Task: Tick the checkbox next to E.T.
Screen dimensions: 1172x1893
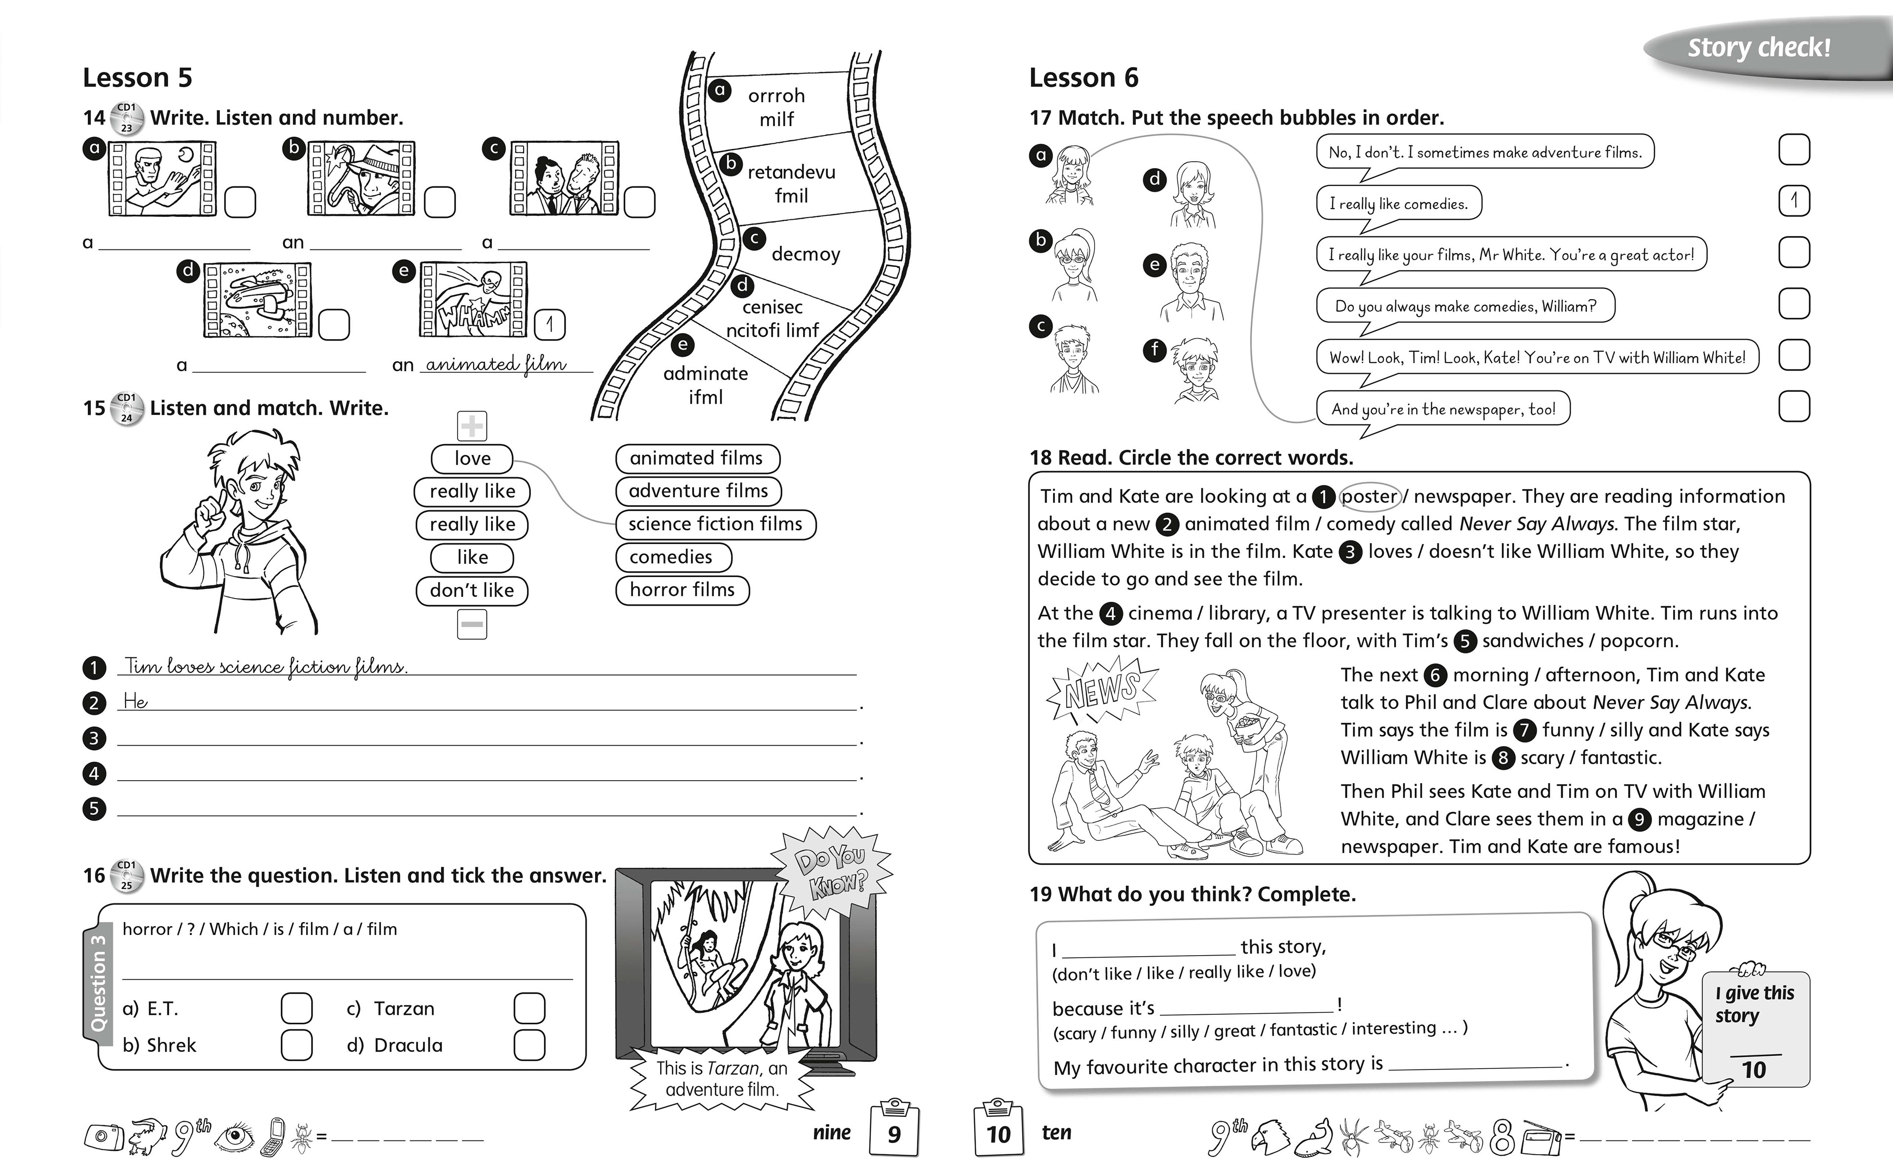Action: tap(296, 1008)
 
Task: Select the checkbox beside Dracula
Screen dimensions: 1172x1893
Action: tap(529, 1045)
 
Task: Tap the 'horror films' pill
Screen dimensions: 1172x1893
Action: tap(682, 590)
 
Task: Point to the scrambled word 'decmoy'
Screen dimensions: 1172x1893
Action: tap(806, 254)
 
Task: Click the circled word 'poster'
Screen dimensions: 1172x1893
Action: tap(1369, 496)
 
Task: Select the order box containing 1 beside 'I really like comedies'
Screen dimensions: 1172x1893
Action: tap(1794, 202)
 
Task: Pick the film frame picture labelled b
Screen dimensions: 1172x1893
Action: tap(361, 178)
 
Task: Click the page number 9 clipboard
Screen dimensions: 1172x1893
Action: tap(894, 1132)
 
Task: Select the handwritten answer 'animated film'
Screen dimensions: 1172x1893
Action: tap(496, 364)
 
